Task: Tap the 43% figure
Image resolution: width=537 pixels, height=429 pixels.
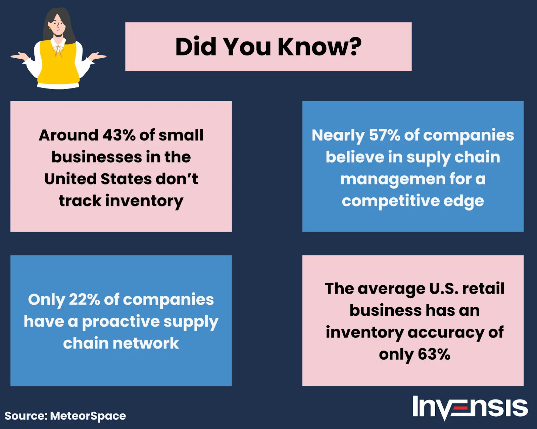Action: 119,135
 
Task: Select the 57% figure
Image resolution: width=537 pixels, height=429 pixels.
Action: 385,135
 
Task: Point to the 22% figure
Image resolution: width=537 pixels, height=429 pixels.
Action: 84,299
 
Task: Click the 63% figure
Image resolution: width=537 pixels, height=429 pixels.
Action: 434,354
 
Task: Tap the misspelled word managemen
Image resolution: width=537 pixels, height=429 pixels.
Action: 393,180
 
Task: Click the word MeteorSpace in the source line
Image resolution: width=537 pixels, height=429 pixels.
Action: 88,416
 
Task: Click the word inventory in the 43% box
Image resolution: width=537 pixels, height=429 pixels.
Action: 144,201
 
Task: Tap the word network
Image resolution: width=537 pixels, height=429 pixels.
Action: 146,343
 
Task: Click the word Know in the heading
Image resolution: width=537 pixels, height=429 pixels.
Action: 311,47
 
